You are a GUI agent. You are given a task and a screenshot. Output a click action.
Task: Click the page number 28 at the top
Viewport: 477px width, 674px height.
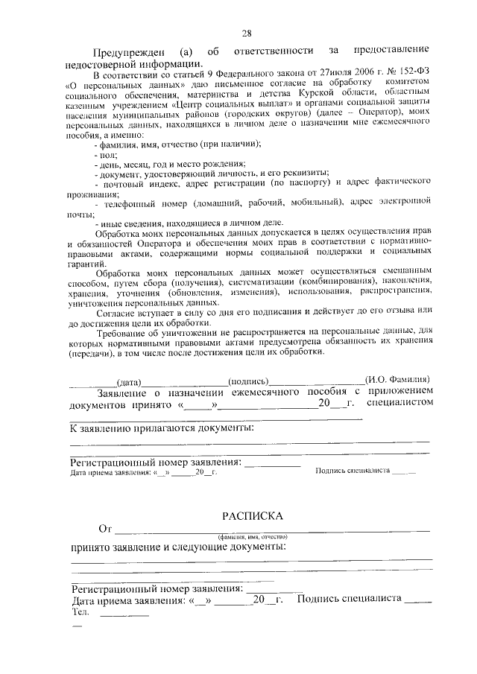coord(247,33)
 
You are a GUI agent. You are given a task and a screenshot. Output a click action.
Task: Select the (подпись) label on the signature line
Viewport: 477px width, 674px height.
coord(248,380)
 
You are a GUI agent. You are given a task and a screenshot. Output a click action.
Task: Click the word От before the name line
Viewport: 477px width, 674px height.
coord(105,530)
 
